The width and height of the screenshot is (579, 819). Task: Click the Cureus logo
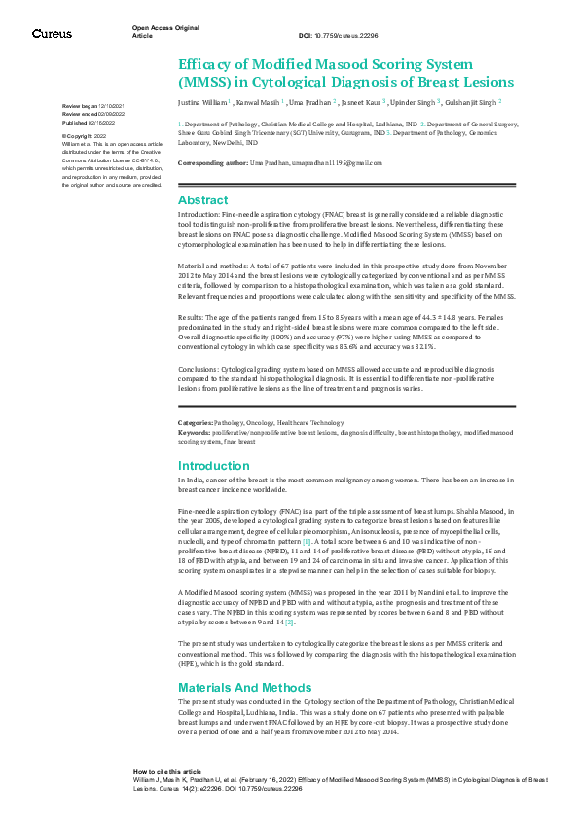[x=52, y=34]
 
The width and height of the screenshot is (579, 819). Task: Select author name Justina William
[x=203, y=101]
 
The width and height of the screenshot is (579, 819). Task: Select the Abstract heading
[x=202, y=198]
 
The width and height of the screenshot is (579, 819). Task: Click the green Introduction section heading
[x=214, y=466]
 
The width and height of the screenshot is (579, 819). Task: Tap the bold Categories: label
[x=196, y=423]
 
